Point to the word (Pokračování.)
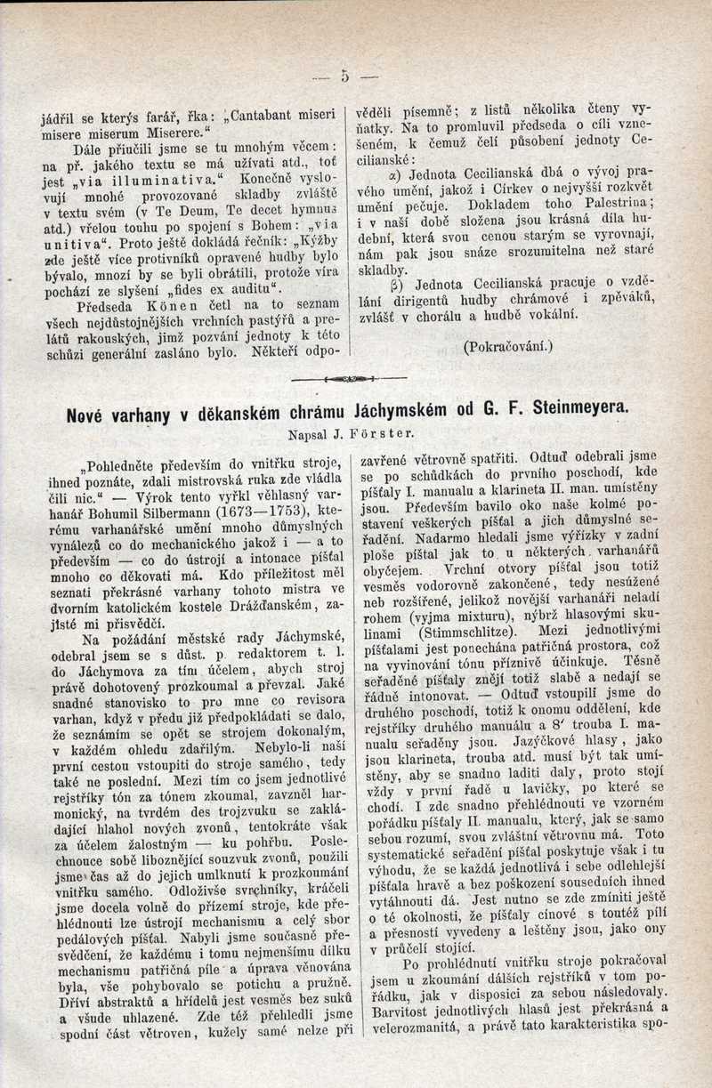(508, 346)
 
